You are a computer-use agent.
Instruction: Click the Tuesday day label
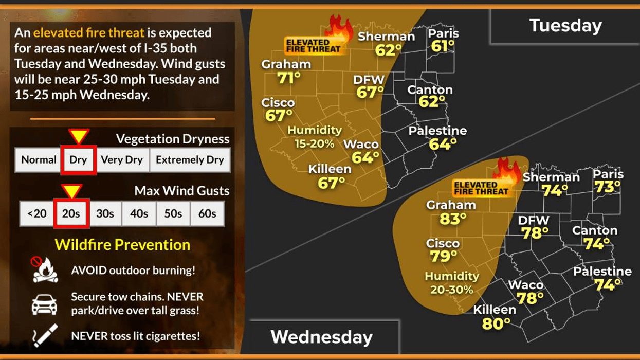tap(565, 25)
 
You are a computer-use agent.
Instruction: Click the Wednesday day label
tap(321, 337)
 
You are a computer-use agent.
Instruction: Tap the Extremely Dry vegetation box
tap(190, 160)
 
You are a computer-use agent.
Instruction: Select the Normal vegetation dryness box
tap(39, 160)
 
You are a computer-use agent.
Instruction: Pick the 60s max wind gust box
tap(207, 213)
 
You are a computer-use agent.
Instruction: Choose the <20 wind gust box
tap(36, 213)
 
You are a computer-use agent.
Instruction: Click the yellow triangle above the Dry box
tap(79, 136)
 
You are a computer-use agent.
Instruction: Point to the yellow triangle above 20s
tap(71, 191)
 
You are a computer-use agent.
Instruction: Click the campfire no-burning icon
tap(44, 270)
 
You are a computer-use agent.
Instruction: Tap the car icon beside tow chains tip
tap(44, 304)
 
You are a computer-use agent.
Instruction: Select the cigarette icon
tap(45, 335)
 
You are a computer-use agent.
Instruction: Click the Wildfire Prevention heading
tap(122, 245)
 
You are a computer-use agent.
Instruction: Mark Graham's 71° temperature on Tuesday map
tap(289, 78)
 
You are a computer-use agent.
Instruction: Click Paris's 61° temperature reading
tap(443, 46)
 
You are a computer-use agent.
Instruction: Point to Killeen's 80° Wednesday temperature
tap(496, 323)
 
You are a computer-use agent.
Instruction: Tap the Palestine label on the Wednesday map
tap(602, 272)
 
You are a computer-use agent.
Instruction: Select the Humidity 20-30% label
tap(452, 283)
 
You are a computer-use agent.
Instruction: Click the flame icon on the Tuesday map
tap(341, 29)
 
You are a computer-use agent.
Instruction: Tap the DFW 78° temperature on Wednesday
tap(535, 233)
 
